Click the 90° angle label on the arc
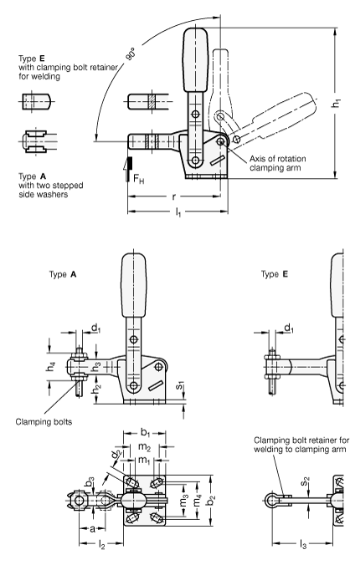130,54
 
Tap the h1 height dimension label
336,103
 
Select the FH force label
139,178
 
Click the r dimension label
174,197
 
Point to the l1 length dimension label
178,213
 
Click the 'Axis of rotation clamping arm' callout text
278,163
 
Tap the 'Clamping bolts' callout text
44,422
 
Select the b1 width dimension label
145,432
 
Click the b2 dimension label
212,500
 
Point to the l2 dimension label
101,545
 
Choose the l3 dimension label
303,545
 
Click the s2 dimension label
305,481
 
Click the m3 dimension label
184,501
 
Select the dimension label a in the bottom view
92,529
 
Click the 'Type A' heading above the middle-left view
63,275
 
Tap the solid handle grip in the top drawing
195,60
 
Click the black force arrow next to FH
128,169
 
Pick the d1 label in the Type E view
289,328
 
